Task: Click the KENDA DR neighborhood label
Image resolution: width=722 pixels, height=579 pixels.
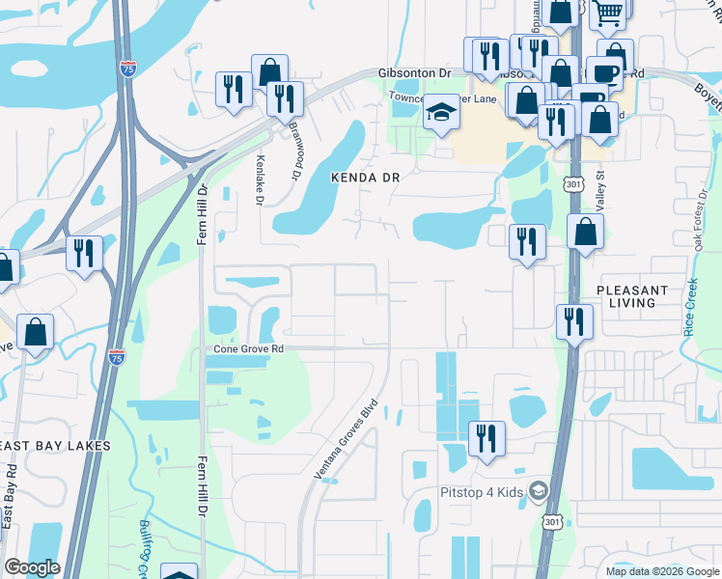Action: pos(365,178)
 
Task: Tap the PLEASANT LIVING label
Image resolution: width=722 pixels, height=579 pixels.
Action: pos(632,295)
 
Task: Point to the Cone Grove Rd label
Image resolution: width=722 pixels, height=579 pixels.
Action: pos(249,348)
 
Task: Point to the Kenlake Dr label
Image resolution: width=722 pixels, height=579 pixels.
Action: pos(259,180)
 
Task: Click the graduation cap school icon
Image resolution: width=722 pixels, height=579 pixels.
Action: pos(441,112)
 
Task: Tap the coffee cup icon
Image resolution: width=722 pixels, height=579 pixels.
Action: pos(604,72)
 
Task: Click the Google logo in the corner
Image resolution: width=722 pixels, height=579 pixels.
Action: pos(32,567)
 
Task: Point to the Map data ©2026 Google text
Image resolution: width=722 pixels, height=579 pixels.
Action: pos(663,571)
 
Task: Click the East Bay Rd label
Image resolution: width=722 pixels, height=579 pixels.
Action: pos(9,496)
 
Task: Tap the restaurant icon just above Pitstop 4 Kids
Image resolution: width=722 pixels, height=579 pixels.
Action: pos(486,437)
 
